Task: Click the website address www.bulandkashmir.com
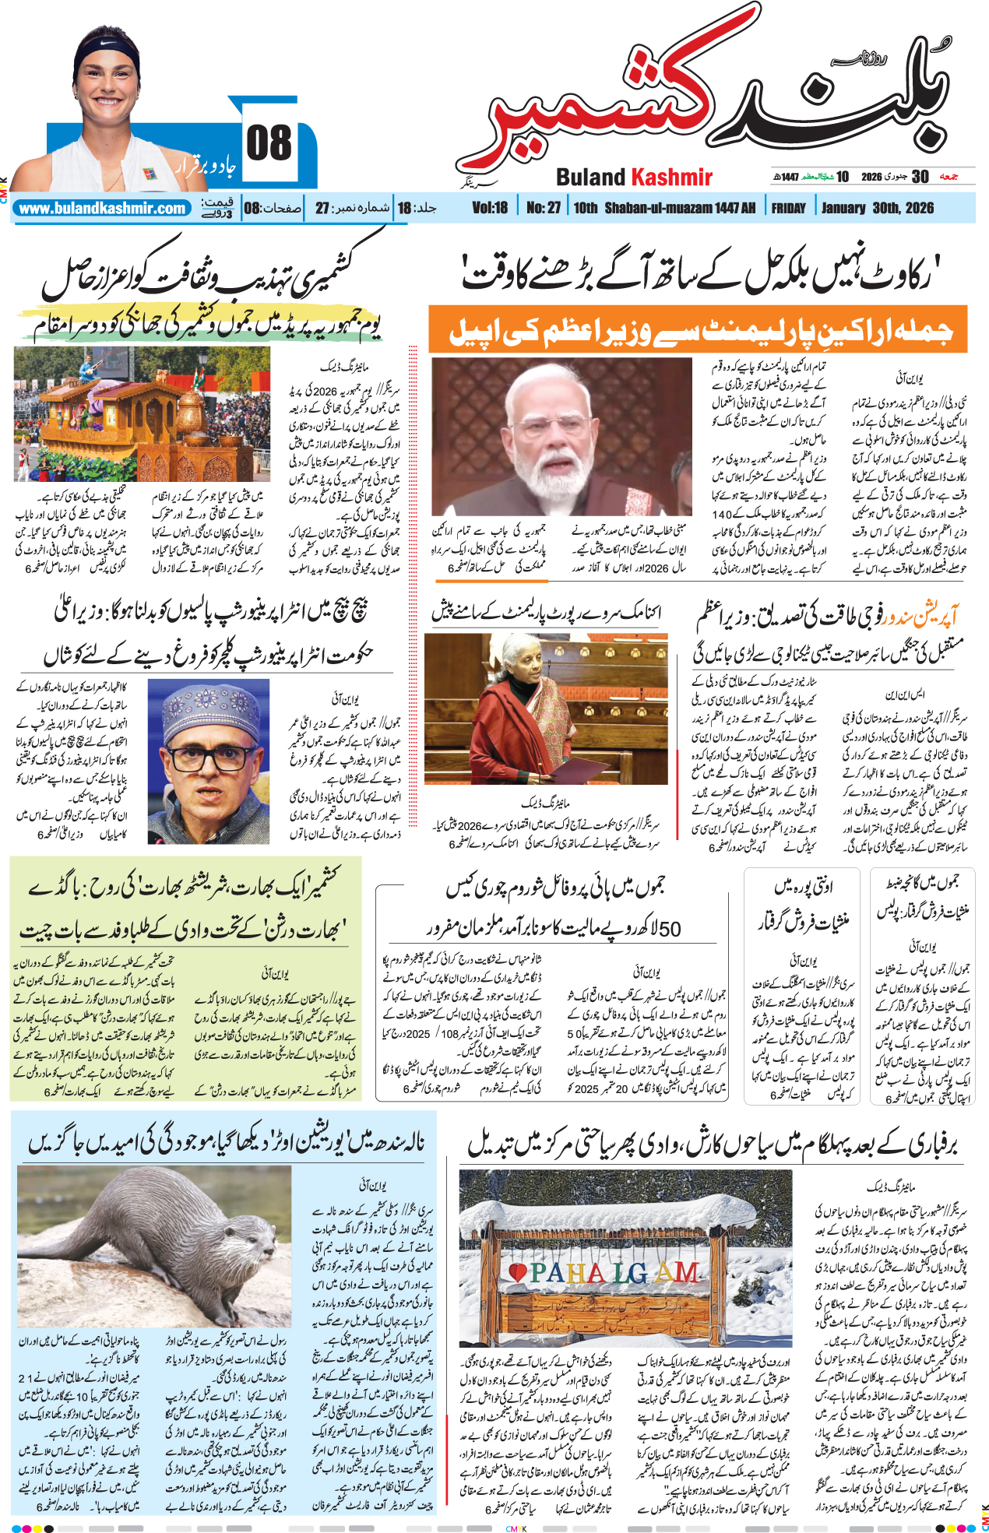[103, 208]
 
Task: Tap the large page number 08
[269, 143]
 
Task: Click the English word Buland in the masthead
[590, 178]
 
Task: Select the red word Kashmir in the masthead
[671, 178]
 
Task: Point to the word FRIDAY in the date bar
[788, 208]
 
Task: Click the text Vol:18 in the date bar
[489, 208]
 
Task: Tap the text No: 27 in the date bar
[543, 208]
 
